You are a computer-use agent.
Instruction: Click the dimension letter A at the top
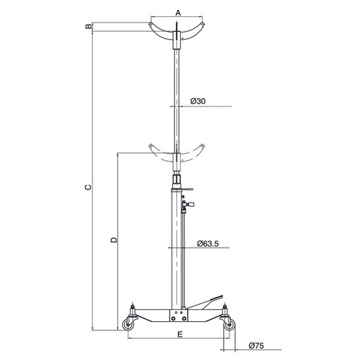[x=178, y=13]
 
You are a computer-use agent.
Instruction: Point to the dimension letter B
[x=88, y=26]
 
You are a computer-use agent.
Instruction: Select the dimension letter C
[x=88, y=187]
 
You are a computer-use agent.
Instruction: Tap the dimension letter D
[x=114, y=240]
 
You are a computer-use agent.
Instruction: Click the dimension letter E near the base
[x=180, y=335]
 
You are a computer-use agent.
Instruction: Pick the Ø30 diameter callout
[x=198, y=101]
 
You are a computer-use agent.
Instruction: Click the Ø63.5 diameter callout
[x=208, y=244]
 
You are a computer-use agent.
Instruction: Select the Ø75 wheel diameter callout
[x=256, y=346]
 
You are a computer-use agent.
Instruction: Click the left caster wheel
[x=128, y=325]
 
